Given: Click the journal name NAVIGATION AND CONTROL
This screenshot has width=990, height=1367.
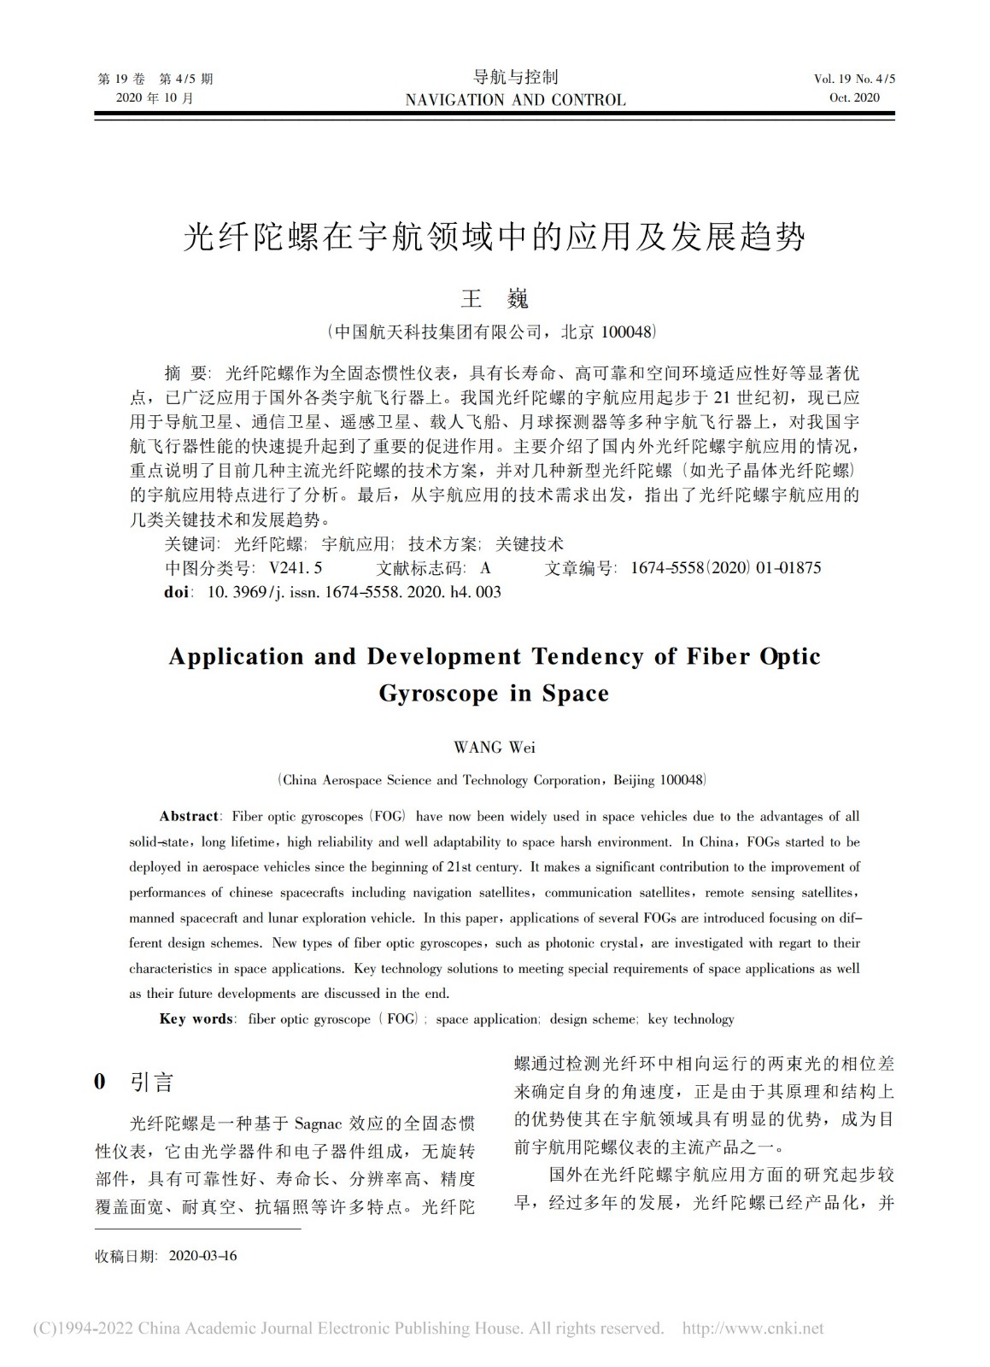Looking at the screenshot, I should pyautogui.click(x=515, y=100).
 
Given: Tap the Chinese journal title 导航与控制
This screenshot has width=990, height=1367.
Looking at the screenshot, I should pyautogui.click(x=515, y=77).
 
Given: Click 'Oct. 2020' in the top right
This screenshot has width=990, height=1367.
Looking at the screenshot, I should pyautogui.click(x=854, y=97).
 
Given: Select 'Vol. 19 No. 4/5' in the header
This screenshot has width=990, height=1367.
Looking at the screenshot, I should pyautogui.click(x=854, y=79).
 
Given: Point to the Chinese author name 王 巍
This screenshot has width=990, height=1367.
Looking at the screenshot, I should pyautogui.click(x=495, y=298).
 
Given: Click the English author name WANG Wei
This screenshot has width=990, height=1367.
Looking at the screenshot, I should pyautogui.click(x=495, y=747).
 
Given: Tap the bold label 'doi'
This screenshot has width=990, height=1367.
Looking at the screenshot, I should pyautogui.click(x=177, y=591).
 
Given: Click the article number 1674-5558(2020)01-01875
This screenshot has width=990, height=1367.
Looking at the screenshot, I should pyautogui.click(x=725, y=567).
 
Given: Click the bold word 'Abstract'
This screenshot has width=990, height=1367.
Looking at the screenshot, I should pyautogui.click(x=190, y=816).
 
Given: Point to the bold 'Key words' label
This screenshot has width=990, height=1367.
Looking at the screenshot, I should pyautogui.click(x=196, y=1018).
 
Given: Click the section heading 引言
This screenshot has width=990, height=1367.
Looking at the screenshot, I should pyautogui.click(x=152, y=1082).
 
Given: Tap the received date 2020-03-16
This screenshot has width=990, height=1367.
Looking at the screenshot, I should pyautogui.click(x=203, y=1255).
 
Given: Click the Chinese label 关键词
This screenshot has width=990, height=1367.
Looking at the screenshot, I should pyautogui.click(x=191, y=544).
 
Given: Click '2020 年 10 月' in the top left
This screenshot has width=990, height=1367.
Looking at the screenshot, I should pyautogui.click(x=155, y=97).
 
